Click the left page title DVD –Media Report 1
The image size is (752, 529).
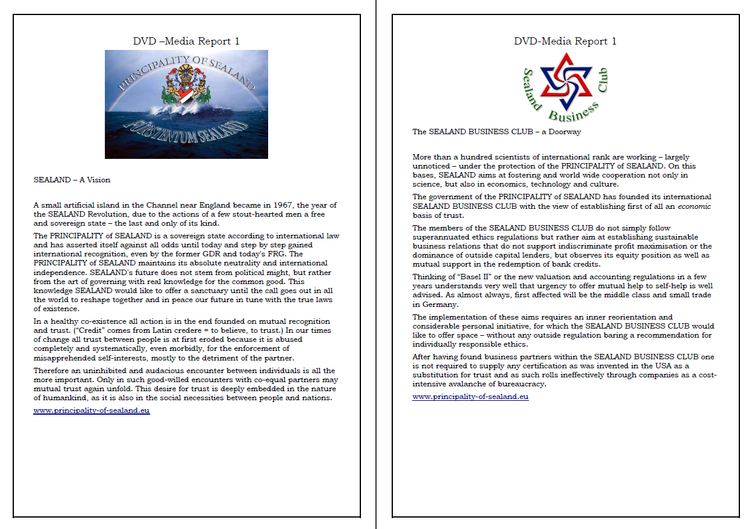click(186, 41)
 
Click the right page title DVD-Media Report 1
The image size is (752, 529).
click(565, 41)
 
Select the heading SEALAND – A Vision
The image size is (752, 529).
click(72, 179)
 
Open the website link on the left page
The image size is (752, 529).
click(91, 410)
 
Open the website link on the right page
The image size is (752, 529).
click(470, 397)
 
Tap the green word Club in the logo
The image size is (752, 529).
click(603, 81)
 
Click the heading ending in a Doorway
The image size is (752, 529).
click(497, 131)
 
